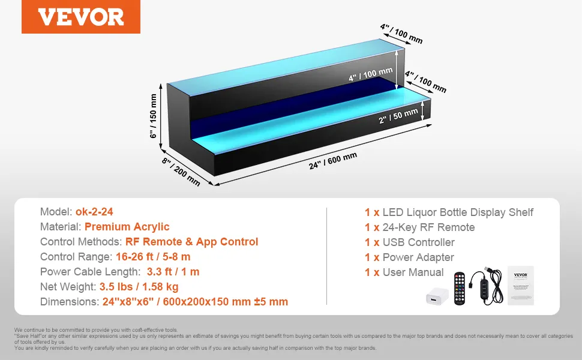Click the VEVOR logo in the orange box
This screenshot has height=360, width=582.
coord(81,17)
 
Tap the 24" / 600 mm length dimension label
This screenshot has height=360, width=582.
coord(333,161)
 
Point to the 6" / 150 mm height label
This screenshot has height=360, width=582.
coord(153,116)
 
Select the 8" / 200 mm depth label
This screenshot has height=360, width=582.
coord(181,172)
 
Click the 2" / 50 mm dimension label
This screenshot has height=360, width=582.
coord(398,116)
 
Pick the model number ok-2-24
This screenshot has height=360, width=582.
coord(94,212)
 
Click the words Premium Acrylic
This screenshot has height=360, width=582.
coord(127,227)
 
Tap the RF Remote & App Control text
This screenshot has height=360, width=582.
coord(191,242)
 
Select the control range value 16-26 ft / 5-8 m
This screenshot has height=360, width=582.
coord(153,256)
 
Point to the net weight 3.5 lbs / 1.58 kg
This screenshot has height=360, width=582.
coord(139,287)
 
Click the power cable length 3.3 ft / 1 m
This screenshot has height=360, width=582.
coord(173,272)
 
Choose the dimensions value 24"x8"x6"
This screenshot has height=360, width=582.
coord(128,301)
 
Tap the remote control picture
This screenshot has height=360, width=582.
coord(460,289)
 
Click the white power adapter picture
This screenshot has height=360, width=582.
coord(437,296)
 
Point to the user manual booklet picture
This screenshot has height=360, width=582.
coord(520,286)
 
